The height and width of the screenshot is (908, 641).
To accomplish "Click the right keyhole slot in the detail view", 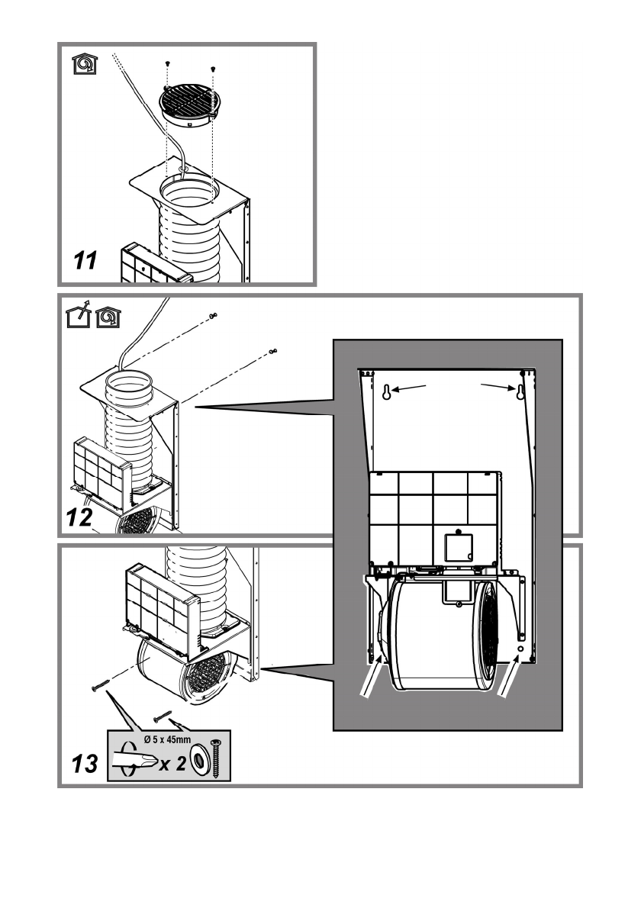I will click(520, 392).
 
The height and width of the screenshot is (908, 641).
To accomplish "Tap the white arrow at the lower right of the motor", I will click(506, 679).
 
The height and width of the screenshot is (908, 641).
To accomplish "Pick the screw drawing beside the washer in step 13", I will click(220, 757).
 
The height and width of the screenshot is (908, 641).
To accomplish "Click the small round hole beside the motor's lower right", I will click(520, 648).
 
